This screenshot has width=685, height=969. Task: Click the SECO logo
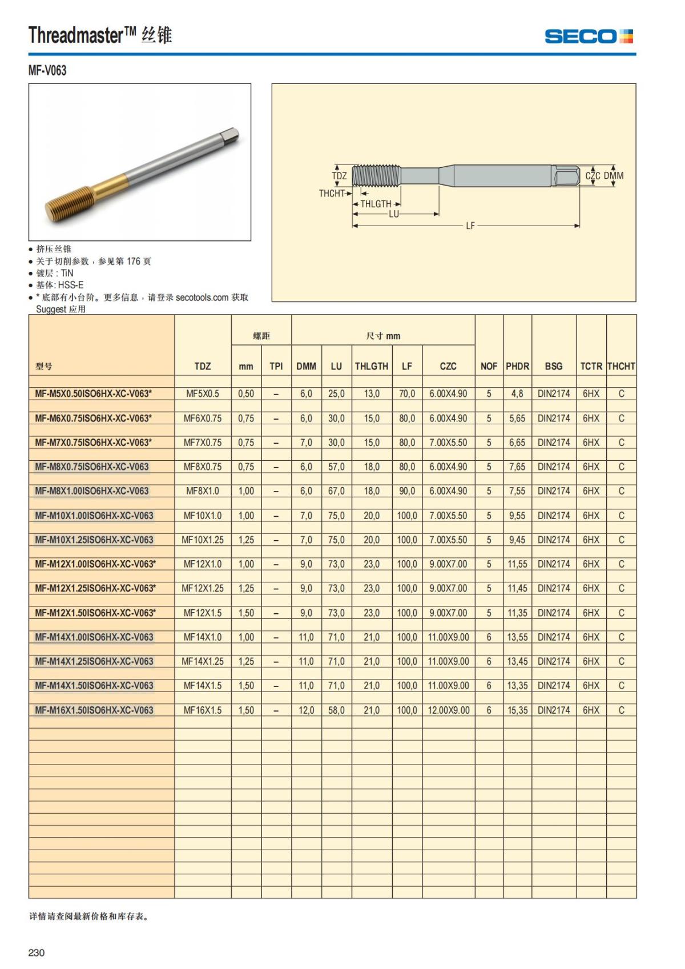(x=589, y=37)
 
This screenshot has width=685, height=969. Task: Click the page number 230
(x=37, y=952)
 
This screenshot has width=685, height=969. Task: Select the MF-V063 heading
(x=47, y=71)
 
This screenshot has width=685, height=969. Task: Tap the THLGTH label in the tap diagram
(x=376, y=204)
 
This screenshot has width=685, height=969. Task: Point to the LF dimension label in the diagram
(x=470, y=226)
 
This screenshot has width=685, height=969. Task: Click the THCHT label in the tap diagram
(x=332, y=194)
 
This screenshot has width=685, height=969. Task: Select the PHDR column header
(x=517, y=366)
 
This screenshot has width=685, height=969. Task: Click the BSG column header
(x=553, y=366)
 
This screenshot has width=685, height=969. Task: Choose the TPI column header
(x=276, y=366)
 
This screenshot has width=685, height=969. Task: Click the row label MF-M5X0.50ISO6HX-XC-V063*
(x=94, y=393)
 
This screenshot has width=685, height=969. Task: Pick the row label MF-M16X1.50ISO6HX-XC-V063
(x=94, y=710)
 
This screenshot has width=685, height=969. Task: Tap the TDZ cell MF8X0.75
(x=203, y=467)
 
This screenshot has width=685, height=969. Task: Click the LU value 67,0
(x=336, y=491)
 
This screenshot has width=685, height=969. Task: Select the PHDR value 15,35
(x=517, y=710)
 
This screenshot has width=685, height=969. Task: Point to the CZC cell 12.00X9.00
(x=449, y=710)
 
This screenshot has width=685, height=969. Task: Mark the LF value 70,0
(x=407, y=393)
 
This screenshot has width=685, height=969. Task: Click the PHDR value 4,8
(x=517, y=393)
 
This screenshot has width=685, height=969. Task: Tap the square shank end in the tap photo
(x=231, y=136)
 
